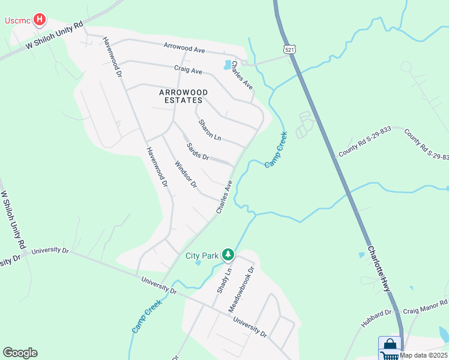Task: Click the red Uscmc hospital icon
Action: coord(40,20)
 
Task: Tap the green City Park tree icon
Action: coord(228,256)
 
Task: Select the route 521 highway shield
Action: coord(290,49)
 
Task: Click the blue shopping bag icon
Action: coord(389,346)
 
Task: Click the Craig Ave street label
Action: coord(188,70)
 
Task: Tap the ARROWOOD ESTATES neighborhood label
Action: coord(183,97)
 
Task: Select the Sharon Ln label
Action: coord(210,130)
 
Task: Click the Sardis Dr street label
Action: coord(197,152)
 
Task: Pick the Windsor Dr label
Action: coord(185,174)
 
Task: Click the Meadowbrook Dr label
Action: coord(241,290)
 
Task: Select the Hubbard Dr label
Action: coord(376,317)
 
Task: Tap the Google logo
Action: coord(20,353)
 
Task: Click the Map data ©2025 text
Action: coord(424,355)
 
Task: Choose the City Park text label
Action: coord(202,256)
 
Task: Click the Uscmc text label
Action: coord(17,20)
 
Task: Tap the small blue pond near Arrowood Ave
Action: coord(228,65)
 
